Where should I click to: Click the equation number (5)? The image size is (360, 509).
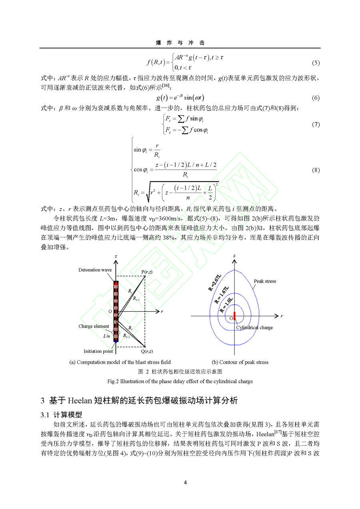click(316, 63)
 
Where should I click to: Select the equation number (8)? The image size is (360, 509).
click(316, 170)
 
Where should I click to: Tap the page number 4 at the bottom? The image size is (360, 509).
click(185, 482)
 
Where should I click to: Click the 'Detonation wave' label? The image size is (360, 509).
click(95, 270)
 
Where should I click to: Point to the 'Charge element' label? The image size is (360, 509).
click(94, 327)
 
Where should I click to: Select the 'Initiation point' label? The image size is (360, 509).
click(98, 351)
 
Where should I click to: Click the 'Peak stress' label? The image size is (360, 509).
click(265, 281)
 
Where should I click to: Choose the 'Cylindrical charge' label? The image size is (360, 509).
click(254, 328)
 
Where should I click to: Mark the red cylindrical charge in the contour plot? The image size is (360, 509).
click(234, 315)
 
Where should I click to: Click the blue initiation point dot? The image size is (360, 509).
click(116, 342)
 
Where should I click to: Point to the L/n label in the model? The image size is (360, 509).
click(107, 336)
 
